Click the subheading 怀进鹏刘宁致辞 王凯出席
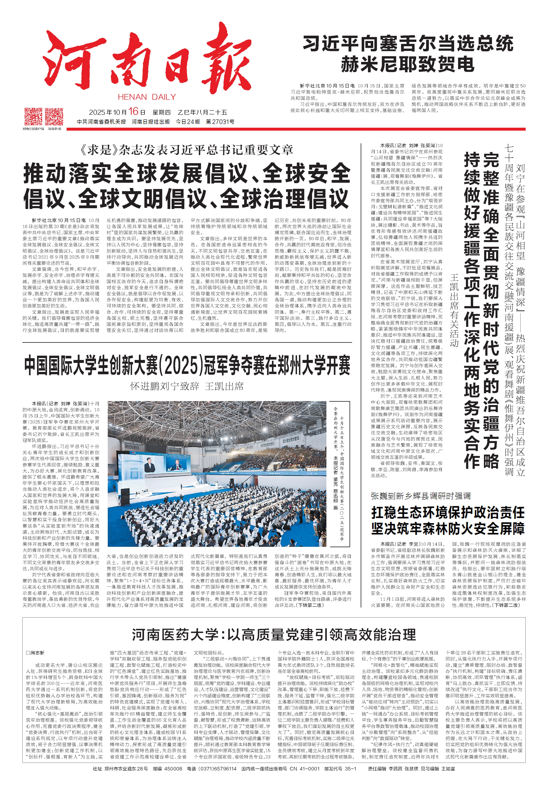187,386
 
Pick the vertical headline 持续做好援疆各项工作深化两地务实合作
472,309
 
